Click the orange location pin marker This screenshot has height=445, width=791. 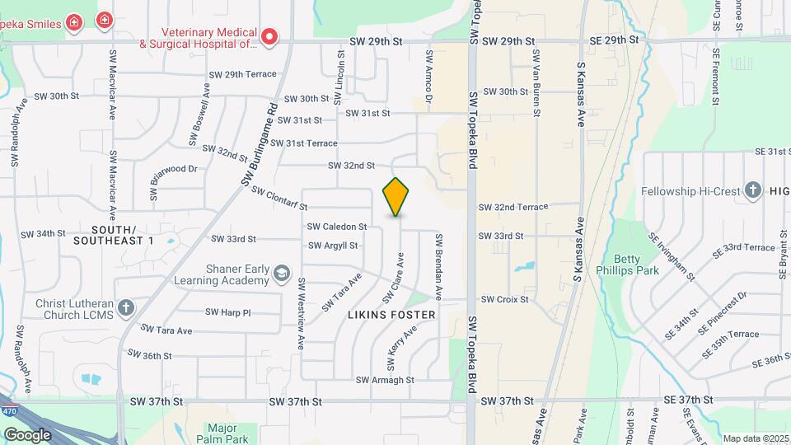click(396, 196)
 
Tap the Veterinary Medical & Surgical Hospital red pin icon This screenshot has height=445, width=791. click(269, 36)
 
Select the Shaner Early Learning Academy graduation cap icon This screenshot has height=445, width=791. click(282, 273)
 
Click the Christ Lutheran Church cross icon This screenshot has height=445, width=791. click(125, 308)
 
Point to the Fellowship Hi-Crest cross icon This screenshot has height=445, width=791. click(751, 191)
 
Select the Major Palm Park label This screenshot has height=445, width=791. click(222, 433)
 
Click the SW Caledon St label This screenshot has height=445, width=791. click(336, 227)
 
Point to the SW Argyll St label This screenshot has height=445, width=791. click(333, 246)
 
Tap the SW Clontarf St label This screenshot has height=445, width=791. click(279, 198)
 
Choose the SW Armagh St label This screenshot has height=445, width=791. click(384, 380)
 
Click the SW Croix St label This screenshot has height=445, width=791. click(504, 299)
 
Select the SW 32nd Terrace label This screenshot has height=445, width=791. click(513, 207)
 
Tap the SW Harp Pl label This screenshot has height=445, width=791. click(228, 312)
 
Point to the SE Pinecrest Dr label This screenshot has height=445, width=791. click(722, 313)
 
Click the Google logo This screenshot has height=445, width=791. click(27, 434)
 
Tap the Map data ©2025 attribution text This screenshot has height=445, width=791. click(756, 438)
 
